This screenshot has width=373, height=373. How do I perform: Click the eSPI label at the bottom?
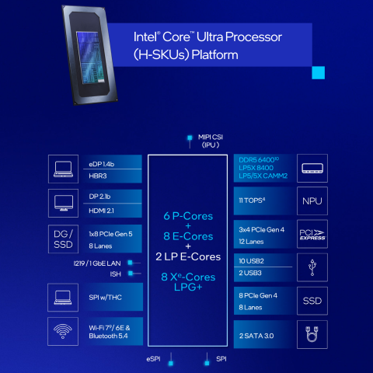tap(153, 359)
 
